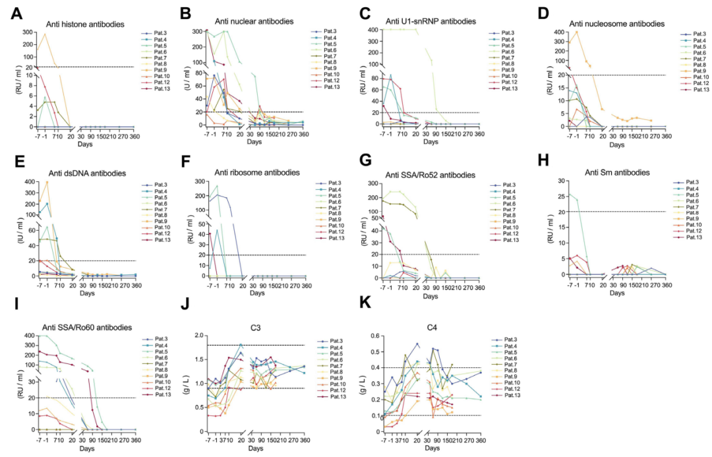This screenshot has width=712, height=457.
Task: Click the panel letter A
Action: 15,13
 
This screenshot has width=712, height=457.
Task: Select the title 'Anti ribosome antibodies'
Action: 258,173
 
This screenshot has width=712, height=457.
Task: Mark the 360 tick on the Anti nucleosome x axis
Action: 667,136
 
